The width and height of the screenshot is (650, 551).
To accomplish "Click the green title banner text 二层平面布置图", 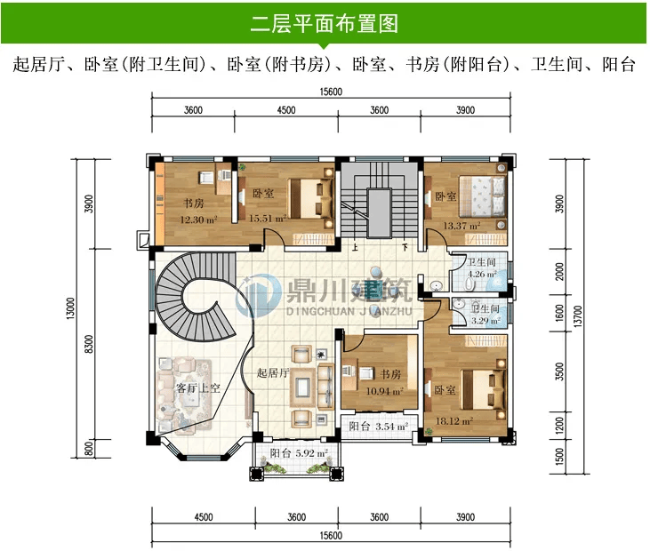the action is click(x=325, y=24).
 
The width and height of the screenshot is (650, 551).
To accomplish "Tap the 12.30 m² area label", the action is click(x=198, y=220).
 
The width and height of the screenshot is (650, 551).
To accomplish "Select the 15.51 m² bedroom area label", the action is click(x=268, y=219).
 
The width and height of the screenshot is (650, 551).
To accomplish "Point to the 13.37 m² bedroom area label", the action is click(x=461, y=226).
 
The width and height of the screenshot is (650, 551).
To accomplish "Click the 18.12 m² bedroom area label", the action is click(x=454, y=421).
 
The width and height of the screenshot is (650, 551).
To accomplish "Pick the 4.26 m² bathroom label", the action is click(x=482, y=274).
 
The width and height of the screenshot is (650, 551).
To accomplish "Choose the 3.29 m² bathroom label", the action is click(x=485, y=320).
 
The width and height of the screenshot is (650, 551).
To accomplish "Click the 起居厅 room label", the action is click(x=273, y=373).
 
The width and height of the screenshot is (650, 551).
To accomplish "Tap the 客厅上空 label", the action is click(x=197, y=388).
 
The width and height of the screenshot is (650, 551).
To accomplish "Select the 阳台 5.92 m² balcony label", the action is click(x=299, y=453).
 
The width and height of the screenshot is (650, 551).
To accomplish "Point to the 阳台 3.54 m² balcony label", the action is click(x=379, y=427).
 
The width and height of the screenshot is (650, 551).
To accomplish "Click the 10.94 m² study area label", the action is click(x=385, y=391).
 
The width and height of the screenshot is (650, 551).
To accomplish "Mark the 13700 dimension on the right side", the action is click(x=579, y=316).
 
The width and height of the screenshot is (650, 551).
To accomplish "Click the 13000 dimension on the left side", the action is click(x=71, y=308).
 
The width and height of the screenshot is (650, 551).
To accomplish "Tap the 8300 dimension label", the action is click(x=89, y=344).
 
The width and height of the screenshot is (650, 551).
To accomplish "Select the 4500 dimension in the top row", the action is click(x=286, y=110).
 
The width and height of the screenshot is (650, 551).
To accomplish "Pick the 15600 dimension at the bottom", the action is click(x=331, y=536).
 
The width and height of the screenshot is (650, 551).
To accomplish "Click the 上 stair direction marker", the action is click(x=355, y=248).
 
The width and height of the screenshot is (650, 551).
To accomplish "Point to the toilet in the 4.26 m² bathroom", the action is click(x=469, y=283).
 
